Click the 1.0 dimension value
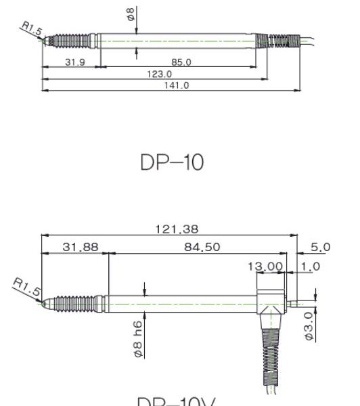pos(311,267)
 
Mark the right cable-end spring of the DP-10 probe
pos(282,40)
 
